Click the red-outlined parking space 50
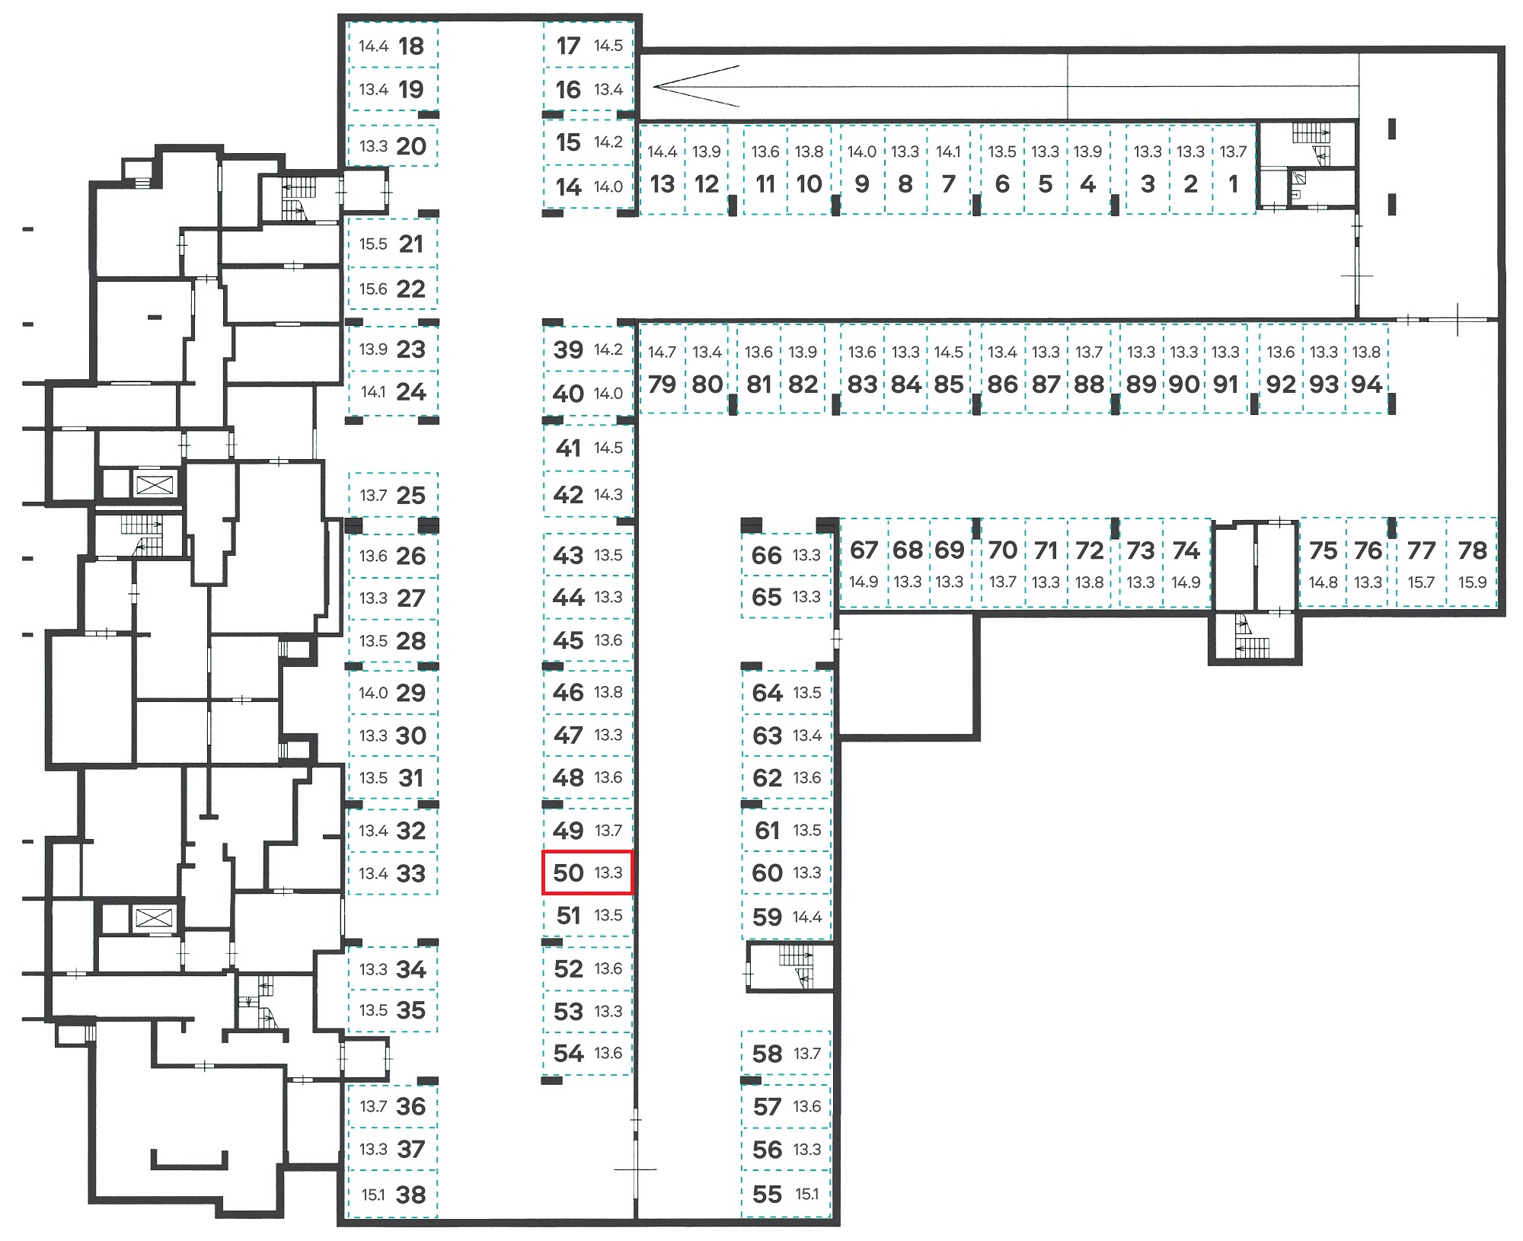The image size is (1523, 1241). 587,873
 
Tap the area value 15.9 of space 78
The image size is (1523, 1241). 1472,582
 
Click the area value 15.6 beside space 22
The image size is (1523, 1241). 373,289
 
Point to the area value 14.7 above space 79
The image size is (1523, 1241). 662,352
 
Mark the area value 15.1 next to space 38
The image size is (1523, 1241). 373,1195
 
